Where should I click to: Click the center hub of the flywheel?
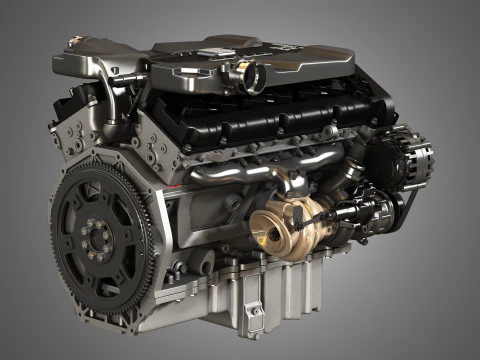coord(97,239)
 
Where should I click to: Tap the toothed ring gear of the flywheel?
coord(62,200)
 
